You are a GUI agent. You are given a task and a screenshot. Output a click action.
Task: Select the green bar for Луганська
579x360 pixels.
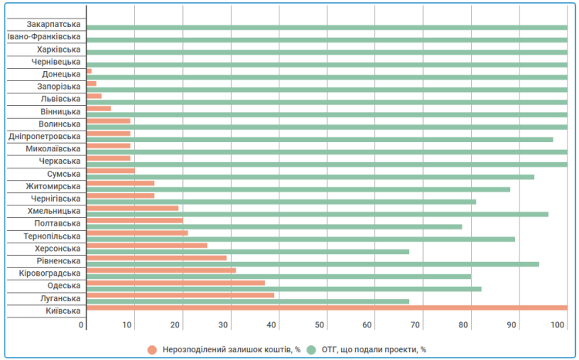click(248, 301)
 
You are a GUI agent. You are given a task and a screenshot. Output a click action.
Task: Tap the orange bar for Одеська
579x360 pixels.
click(175, 283)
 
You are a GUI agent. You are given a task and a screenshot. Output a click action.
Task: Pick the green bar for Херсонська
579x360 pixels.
click(248, 251)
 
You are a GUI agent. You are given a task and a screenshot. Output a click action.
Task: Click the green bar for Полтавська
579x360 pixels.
click(274, 226)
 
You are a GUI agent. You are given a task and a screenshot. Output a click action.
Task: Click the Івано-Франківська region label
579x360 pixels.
click(44, 36)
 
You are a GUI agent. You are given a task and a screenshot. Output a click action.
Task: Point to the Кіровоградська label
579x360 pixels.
click(50, 273)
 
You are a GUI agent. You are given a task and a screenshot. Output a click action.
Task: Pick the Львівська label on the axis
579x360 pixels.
click(60, 99)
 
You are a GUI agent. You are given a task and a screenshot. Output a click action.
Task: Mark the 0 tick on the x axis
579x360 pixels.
click(82, 325)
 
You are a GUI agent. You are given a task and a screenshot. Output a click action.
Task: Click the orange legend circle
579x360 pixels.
click(152, 349)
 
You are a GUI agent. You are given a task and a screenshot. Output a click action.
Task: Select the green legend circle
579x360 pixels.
click(312, 349)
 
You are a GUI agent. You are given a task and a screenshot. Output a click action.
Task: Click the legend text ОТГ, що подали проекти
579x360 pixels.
click(370, 349)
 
